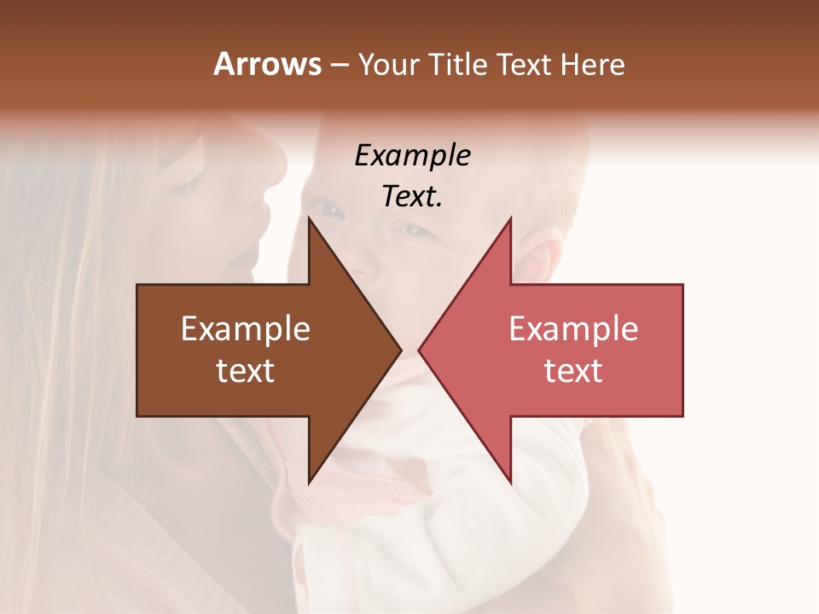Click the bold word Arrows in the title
267,64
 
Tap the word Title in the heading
456,64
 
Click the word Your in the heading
388,64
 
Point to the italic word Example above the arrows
412,156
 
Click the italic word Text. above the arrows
412,197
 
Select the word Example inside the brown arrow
246,329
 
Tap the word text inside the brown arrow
246,371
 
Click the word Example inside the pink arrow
573,329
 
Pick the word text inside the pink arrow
573,371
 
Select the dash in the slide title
339,66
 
